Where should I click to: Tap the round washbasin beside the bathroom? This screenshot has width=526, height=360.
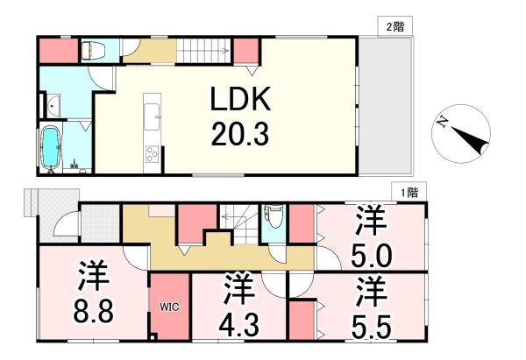coord(53,107)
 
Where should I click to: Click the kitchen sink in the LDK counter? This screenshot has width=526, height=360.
coord(152,112)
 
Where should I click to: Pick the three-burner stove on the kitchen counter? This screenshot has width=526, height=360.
coord(151,156)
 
